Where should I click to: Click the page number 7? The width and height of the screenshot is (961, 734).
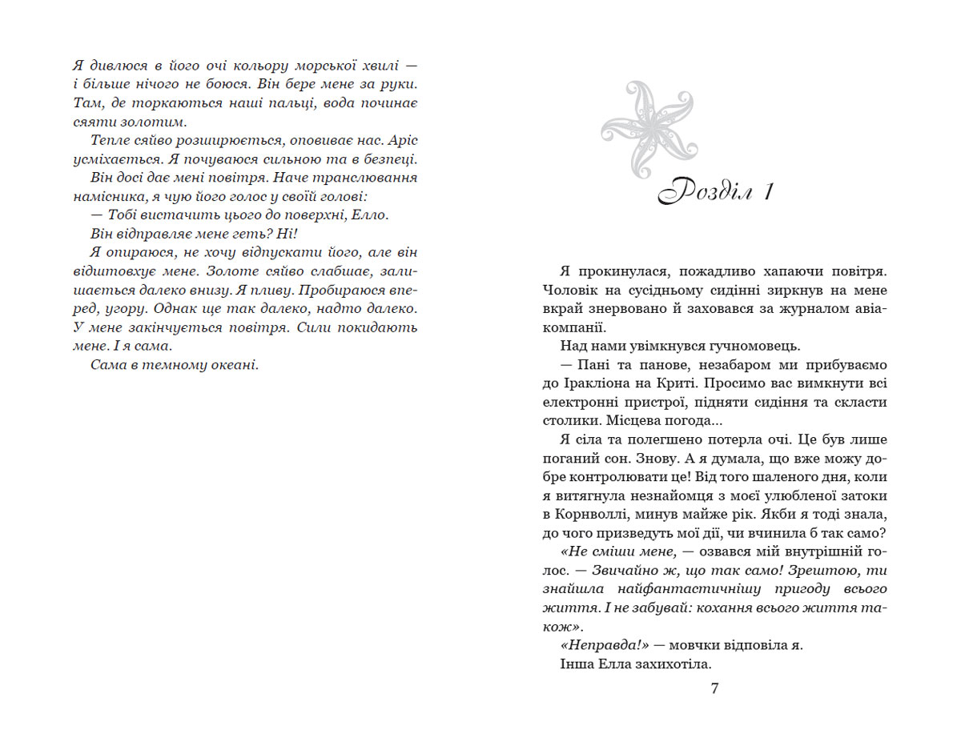click(714, 688)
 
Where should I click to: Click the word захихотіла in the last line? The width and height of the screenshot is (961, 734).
click(671, 664)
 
